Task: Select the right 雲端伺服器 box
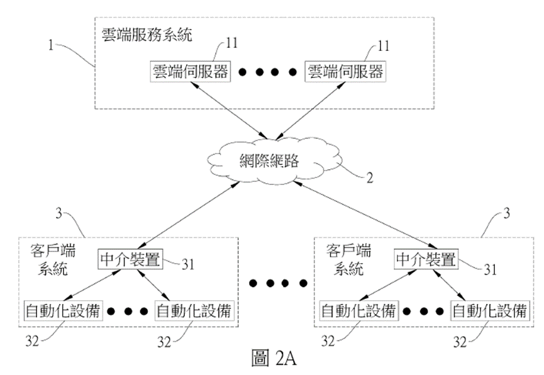pyautogui.click(x=345, y=71)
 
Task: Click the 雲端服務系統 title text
pyautogui.click(x=147, y=33)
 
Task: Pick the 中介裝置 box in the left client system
pyautogui.click(x=130, y=259)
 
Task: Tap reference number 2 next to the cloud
pyautogui.click(x=370, y=177)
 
